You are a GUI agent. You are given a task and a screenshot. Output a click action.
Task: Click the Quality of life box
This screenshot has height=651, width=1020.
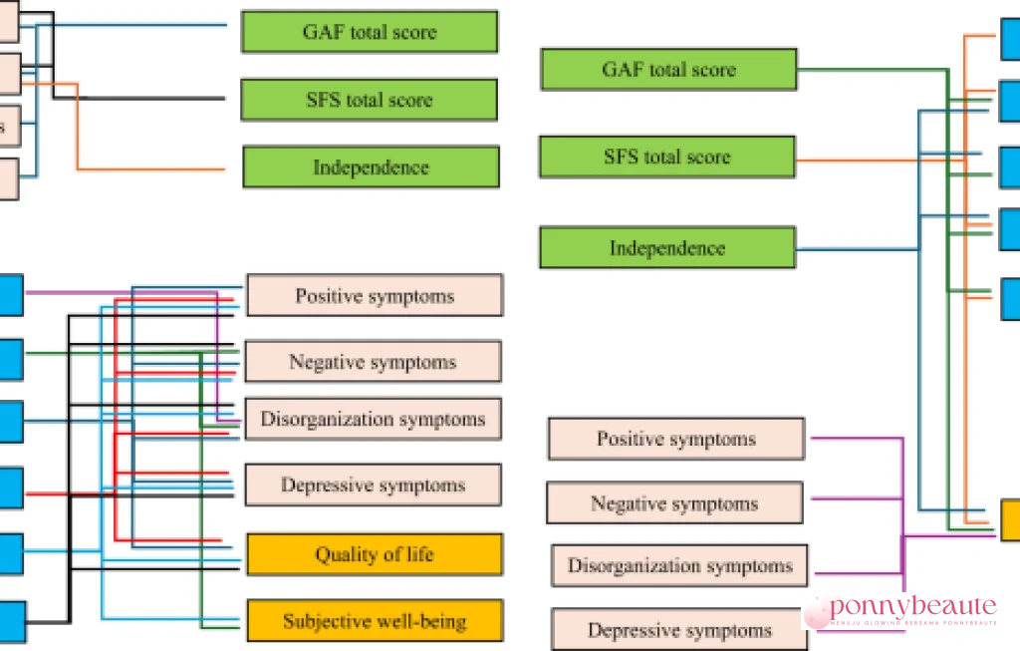[375, 554]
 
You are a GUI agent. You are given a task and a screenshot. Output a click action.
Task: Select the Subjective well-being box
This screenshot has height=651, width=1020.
[375, 621]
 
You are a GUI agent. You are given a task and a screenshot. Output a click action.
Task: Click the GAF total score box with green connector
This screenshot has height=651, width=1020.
[668, 70]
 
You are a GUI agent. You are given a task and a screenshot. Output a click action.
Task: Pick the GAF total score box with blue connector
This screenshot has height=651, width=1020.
[370, 32]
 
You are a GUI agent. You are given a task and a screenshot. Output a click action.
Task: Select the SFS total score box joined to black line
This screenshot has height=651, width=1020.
[370, 100]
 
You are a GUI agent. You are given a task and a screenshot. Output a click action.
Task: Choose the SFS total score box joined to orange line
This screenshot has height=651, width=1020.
[667, 158]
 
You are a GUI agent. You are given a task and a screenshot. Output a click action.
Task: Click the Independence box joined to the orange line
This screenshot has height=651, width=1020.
[371, 167]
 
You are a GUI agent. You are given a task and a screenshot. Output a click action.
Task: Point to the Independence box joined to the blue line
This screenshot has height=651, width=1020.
[667, 248]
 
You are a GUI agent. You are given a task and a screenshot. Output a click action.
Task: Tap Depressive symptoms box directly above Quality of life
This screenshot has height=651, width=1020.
[373, 486]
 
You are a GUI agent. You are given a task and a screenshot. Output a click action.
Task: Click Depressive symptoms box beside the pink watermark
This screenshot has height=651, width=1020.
[678, 630]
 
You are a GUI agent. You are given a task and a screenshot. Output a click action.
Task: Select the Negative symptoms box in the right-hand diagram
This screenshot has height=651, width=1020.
[674, 503]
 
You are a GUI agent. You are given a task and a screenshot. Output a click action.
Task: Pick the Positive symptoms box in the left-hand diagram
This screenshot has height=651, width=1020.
[375, 296]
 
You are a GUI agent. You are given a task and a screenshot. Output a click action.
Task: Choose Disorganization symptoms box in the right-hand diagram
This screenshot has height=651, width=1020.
[679, 565]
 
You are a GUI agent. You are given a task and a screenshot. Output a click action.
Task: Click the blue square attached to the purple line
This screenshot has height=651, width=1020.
[10, 293]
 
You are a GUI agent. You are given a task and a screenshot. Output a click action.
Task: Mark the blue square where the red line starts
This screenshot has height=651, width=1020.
[10, 488]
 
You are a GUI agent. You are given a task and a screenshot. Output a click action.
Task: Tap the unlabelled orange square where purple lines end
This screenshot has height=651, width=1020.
[1010, 518]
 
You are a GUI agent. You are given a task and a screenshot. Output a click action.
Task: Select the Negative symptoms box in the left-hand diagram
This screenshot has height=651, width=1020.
[373, 362]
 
